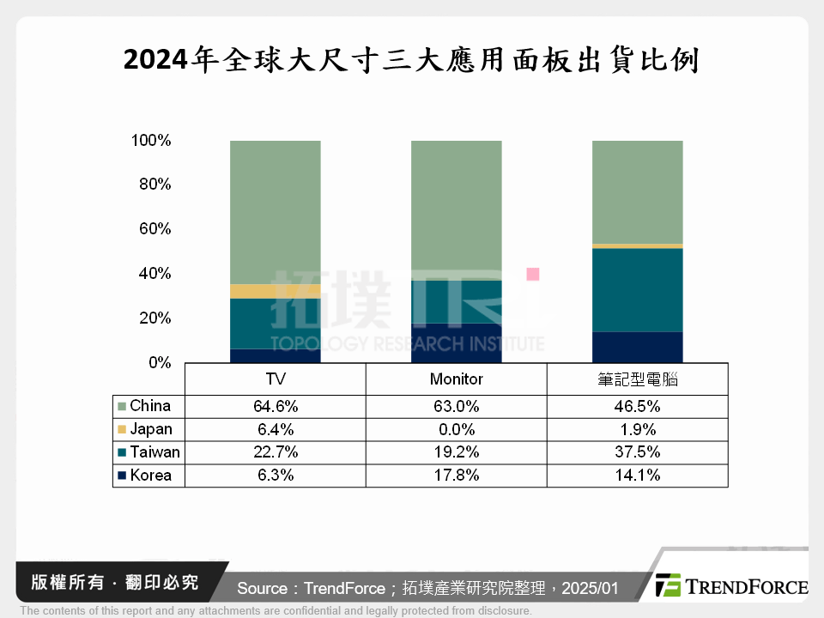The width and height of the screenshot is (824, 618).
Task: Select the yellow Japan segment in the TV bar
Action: pyautogui.click(x=276, y=291)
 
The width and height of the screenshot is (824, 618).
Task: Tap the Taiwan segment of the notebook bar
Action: pyautogui.click(x=637, y=289)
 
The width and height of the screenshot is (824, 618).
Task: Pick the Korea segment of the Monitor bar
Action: pyautogui.click(x=456, y=342)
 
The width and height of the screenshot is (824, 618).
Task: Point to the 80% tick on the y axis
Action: pyautogui.click(x=152, y=185)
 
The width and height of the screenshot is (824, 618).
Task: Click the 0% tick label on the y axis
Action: pyautogui.click(x=160, y=363)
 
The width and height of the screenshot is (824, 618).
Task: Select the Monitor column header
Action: pyautogui.click(x=456, y=379)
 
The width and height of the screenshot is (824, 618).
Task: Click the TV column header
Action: pyautogui.click(x=276, y=379)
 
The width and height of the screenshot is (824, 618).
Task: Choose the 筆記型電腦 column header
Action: pyautogui.click(x=637, y=379)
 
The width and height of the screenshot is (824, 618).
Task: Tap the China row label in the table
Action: pyautogui.click(x=150, y=406)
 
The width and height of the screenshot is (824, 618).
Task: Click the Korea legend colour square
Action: pyautogui.click(x=122, y=476)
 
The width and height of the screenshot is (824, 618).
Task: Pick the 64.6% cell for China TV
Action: pyautogui.click(x=276, y=406)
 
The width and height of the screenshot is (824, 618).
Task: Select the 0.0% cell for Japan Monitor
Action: pyautogui.click(x=456, y=429)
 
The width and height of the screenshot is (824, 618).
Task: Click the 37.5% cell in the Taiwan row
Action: pyautogui.click(x=637, y=452)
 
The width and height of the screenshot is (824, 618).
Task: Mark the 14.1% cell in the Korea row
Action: pyautogui.click(x=637, y=476)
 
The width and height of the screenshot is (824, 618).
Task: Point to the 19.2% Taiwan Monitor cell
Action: pyautogui.click(x=456, y=452)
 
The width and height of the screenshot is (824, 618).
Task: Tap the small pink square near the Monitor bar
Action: pyautogui.click(x=533, y=274)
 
